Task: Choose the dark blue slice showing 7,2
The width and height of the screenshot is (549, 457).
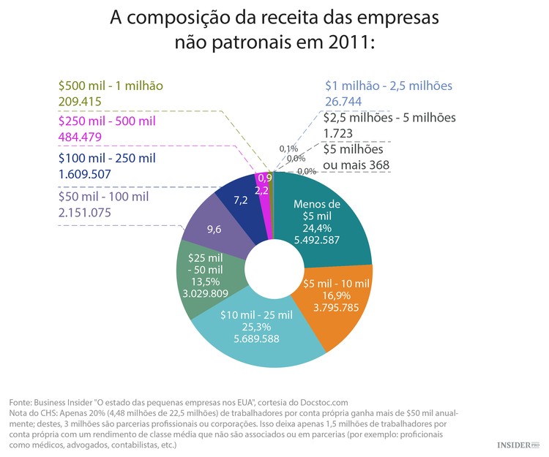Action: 239,199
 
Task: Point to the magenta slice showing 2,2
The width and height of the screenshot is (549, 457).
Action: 262,189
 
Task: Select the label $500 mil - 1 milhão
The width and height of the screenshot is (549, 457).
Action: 110,85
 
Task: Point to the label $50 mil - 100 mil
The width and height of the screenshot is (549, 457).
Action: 102,196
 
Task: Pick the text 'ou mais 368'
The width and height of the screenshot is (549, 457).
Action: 357,165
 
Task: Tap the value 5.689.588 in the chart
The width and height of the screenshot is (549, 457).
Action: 256,339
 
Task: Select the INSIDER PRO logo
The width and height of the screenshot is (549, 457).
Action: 518,445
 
